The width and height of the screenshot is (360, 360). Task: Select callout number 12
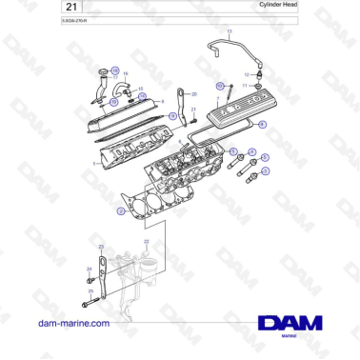pyautogui.click(x=247, y=73)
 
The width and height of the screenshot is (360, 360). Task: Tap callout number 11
pyautogui.click(x=245, y=85)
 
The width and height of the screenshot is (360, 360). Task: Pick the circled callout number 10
pyautogui.click(x=220, y=86)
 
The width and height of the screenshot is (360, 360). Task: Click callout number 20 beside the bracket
pyautogui.click(x=194, y=94)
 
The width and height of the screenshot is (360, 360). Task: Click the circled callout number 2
pyautogui.click(x=121, y=212)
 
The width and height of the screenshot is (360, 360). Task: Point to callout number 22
pyautogui.click(x=147, y=242)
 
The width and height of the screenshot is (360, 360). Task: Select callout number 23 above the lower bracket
pyautogui.click(x=101, y=248)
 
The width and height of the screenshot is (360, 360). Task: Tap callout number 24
pyautogui.click(x=89, y=270)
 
